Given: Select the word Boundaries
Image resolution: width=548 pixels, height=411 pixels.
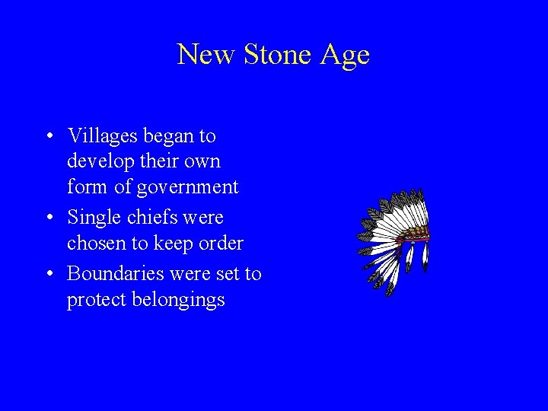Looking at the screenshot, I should [117, 273].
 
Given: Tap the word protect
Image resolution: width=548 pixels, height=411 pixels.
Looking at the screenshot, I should [94, 300].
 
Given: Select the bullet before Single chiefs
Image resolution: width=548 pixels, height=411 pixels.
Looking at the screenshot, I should [49, 218].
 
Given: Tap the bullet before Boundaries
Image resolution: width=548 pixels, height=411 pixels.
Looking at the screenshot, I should [49, 274].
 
